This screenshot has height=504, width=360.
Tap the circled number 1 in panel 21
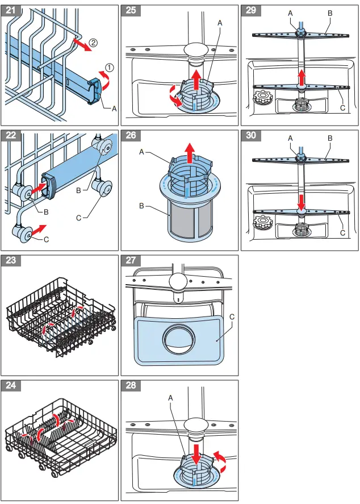click(x=108, y=67)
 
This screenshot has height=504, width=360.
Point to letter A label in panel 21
click(x=114, y=108)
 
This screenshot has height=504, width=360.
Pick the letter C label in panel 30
click(x=342, y=233)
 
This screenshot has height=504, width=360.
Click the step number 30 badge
click(x=252, y=136)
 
